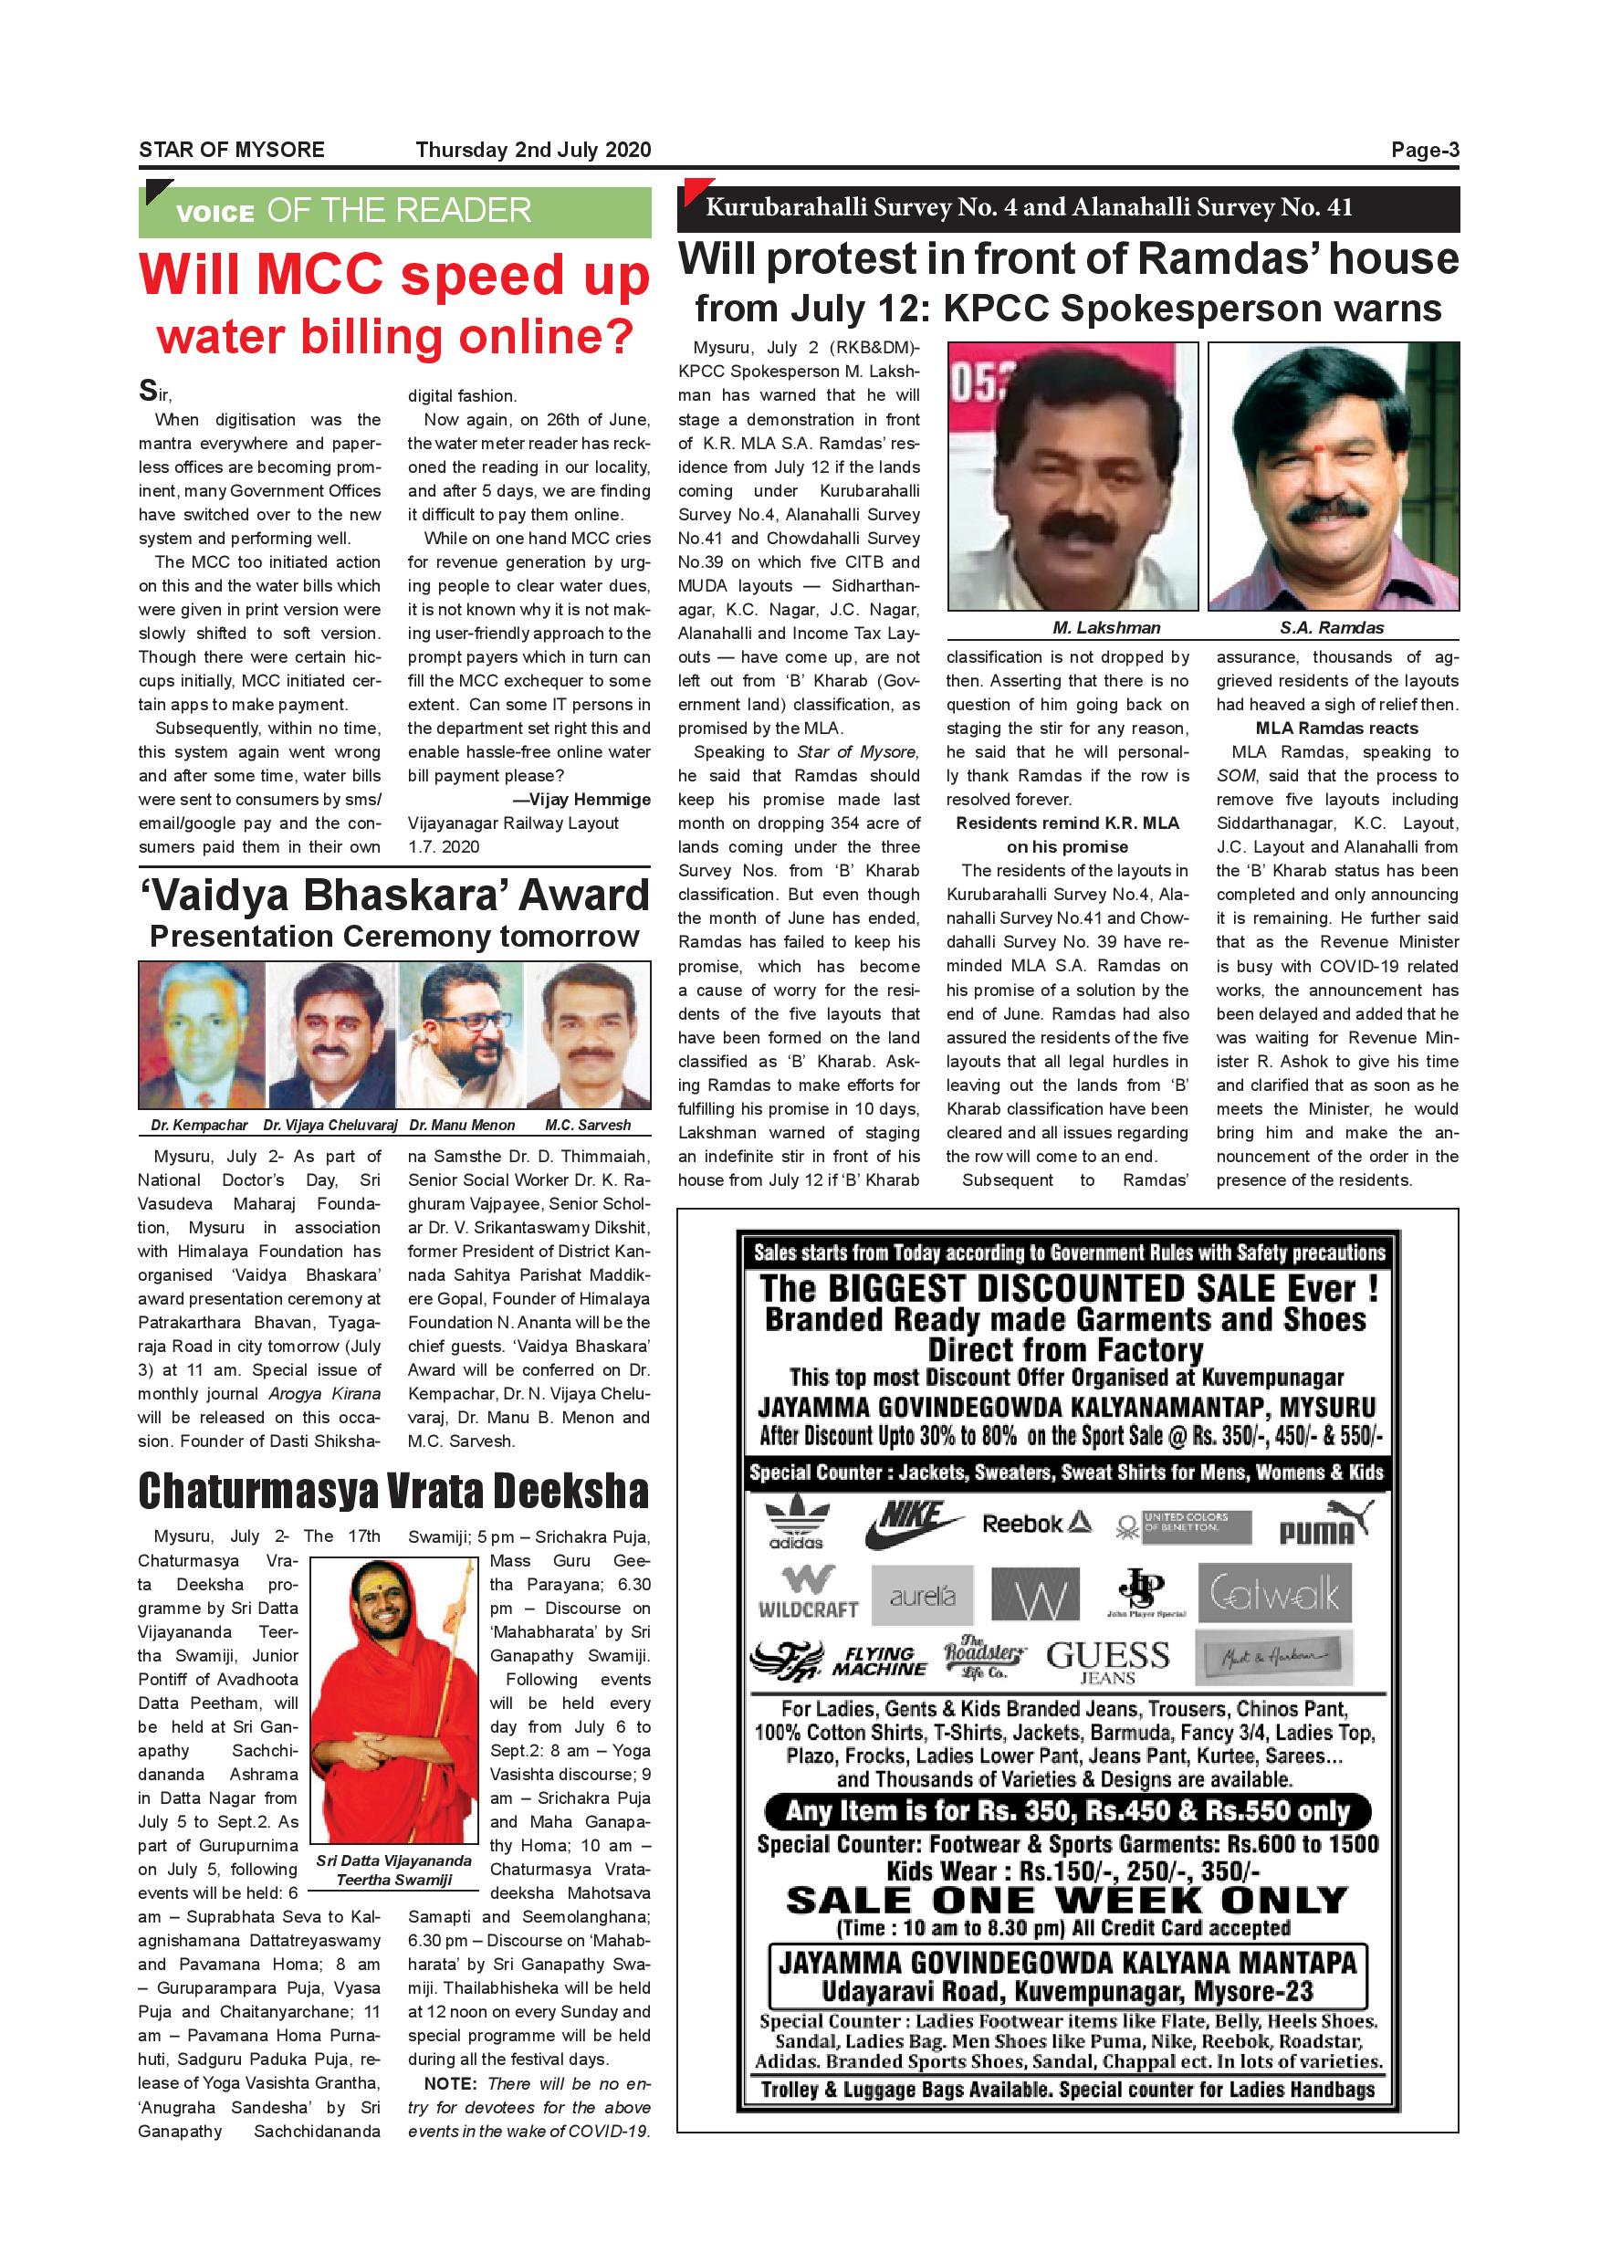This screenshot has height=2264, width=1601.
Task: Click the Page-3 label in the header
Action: tap(1425, 150)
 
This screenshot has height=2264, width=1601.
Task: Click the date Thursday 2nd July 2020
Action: tap(533, 150)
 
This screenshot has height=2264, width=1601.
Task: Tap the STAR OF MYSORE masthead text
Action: tap(232, 150)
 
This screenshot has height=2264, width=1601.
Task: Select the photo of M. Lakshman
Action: tap(1073, 477)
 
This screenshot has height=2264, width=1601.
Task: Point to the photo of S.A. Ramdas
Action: tap(1333, 477)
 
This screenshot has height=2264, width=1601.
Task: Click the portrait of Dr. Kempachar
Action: tap(202, 1035)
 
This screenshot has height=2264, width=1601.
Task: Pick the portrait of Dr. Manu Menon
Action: tap(463, 1035)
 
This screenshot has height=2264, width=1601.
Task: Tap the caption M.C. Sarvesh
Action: tap(588, 1125)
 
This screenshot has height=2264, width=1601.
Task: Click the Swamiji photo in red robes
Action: tap(394, 1701)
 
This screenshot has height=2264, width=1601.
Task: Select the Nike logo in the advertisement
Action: tap(912, 1524)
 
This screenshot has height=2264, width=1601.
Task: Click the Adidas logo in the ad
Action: tap(797, 1525)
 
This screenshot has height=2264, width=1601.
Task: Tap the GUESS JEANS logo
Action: tap(1108, 1661)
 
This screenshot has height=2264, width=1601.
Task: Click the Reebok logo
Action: tap(1036, 1524)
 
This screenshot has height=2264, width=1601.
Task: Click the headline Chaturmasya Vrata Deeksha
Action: tap(393, 1491)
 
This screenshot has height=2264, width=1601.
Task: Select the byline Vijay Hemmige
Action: tap(590, 800)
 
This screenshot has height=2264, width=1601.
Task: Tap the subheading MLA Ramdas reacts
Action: tap(1337, 728)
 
